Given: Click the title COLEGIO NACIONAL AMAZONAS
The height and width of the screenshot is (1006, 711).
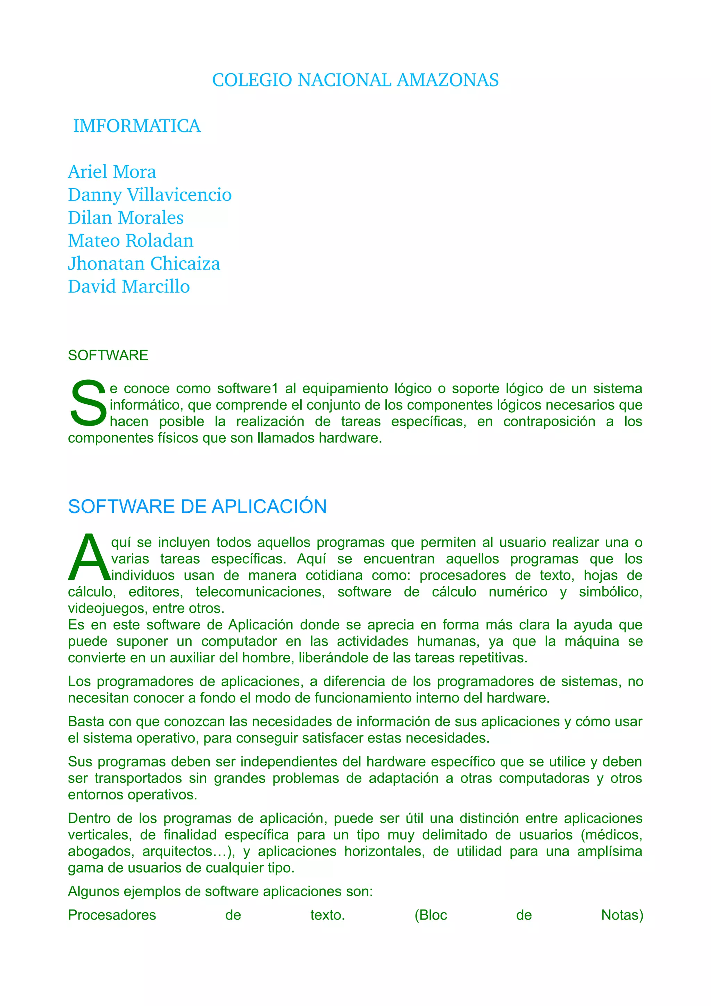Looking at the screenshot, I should coord(355,80).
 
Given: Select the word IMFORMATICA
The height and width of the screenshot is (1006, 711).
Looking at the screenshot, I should coord(137,126).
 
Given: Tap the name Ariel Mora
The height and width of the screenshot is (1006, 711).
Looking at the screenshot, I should coord(112,172).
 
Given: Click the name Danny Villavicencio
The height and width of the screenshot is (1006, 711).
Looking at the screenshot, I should coord(149,194).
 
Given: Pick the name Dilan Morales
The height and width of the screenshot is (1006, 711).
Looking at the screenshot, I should coord(126,218).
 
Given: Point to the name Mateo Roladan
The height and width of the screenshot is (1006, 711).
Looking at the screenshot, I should coord(131,241).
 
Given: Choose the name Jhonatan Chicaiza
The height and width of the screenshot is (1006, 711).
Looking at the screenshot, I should coord(144,263).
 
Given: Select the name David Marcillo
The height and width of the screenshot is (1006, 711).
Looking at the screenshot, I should coord(129,286).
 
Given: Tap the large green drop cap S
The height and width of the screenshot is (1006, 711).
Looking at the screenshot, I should coord(88,403).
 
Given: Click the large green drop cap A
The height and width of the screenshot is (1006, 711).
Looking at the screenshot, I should coord(89,558).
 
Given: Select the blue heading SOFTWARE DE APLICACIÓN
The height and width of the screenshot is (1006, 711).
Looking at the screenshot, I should coord(197,506).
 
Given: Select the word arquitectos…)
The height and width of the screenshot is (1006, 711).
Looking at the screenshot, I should coord(189,851).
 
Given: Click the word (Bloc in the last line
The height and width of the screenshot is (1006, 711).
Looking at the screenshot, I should coord(430,915).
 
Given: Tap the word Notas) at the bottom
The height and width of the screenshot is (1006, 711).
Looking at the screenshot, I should coord(622,915).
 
